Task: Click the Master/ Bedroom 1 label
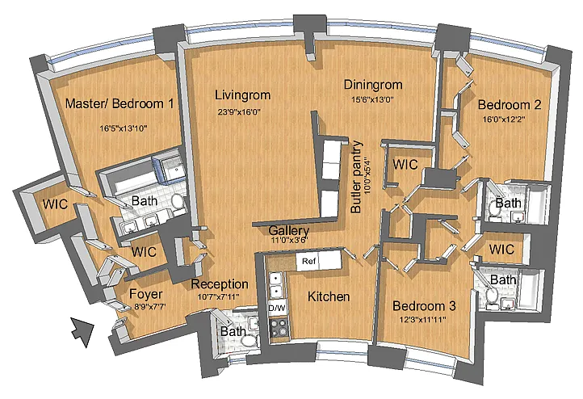pyautogui.click(x=120, y=103)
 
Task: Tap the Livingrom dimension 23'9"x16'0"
pyautogui.click(x=239, y=111)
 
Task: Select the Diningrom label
pyautogui.click(x=373, y=85)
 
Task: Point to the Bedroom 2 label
pyautogui.click(x=510, y=105)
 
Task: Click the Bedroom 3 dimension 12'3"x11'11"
pyautogui.click(x=423, y=319)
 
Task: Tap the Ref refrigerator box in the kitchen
pyautogui.click(x=308, y=261)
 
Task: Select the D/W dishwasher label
pyautogui.click(x=277, y=308)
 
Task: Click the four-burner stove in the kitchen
pyautogui.click(x=278, y=327)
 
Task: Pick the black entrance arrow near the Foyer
pyautogui.click(x=82, y=331)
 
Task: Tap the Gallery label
pyautogui.click(x=288, y=231)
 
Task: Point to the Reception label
pyautogui.click(x=220, y=284)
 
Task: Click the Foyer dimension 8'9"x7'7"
pyautogui.click(x=150, y=307)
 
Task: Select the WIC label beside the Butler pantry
pyautogui.click(x=405, y=164)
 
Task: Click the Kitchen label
pyautogui.click(x=329, y=296)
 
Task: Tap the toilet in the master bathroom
pyautogui.click(x=178, y=201)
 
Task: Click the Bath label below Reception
pyautogui.click(x=233, y=331)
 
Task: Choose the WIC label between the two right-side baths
pyautogui.click(x=501, y=249)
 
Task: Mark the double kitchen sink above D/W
pyautogui.click(x=275, y=284)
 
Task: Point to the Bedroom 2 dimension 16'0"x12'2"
pyautogui.click(x=504, y=120)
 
